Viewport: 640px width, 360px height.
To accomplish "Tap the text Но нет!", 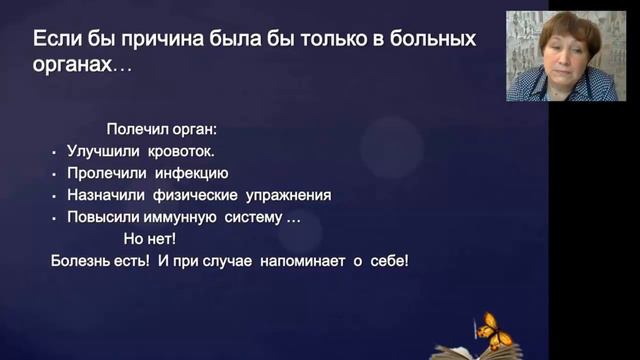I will [149, 239].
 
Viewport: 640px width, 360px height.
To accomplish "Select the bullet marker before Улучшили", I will [54, 152].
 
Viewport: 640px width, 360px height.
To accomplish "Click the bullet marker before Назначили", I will [54, 196].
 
